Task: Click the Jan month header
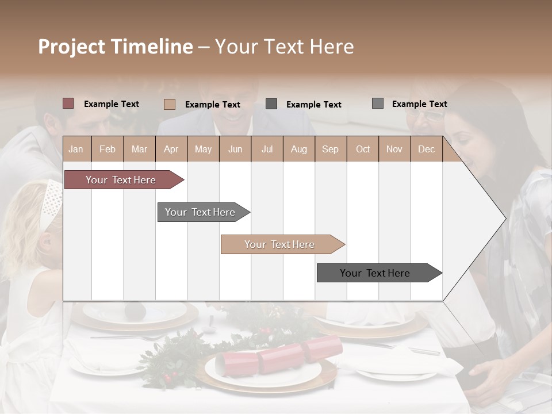click(76, 149)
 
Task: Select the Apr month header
click(171, 149)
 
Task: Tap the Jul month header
click(267, 149)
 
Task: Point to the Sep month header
click(330, 149)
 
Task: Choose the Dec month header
click(426, 149)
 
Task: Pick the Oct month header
click(363, 149)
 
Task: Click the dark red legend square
click(68, 103)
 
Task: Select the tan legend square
click(170, 104)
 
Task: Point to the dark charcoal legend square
click(271, 104)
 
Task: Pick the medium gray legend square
click(378, 103)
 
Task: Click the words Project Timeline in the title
click(115, 47)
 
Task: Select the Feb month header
click(108, 149)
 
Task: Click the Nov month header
click(394, 149)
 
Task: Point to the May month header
click(203, 149)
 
